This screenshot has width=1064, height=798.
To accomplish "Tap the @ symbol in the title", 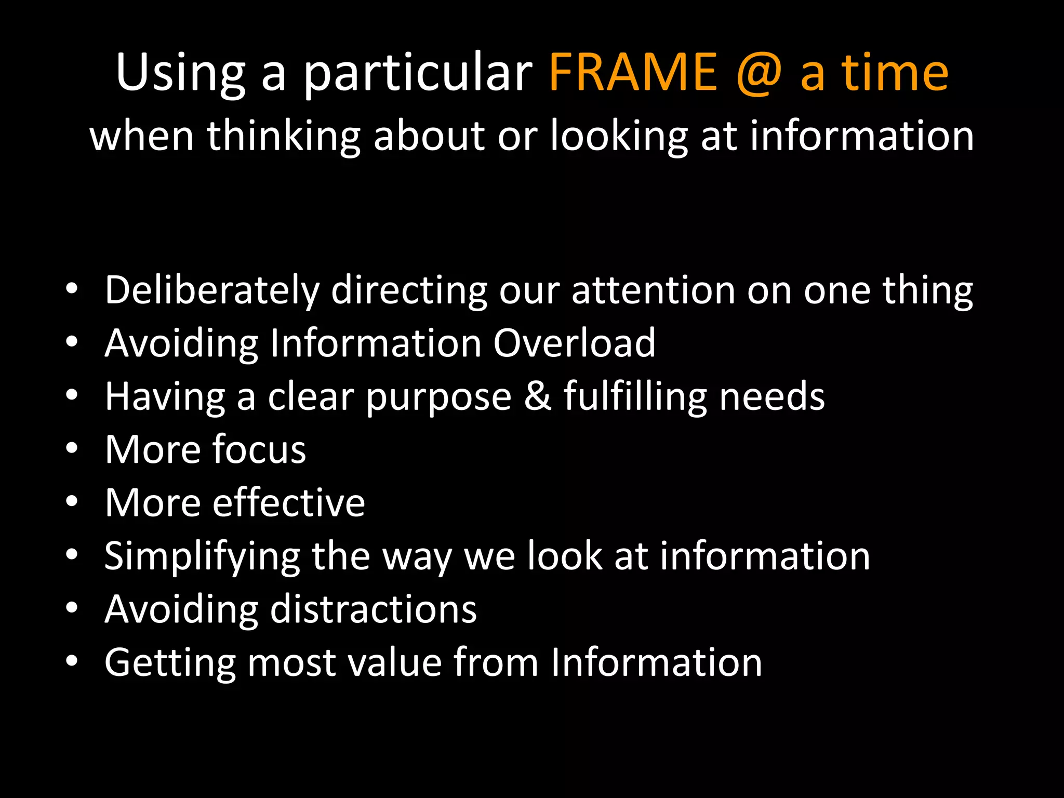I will tap(759, 73).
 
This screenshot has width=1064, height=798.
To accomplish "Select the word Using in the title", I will tap(180, 73).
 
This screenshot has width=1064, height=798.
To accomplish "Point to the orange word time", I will tap(895, 73).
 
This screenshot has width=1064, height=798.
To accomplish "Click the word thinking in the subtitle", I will tap(284, 136).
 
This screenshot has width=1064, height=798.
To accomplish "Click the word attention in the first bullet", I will tap(653, 290).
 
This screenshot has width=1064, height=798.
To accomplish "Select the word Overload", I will tap(574, 343).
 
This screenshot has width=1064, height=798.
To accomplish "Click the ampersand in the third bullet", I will tap(538, 396).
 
